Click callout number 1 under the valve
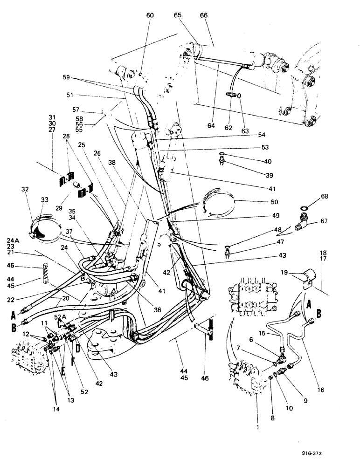tap(256, 412)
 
